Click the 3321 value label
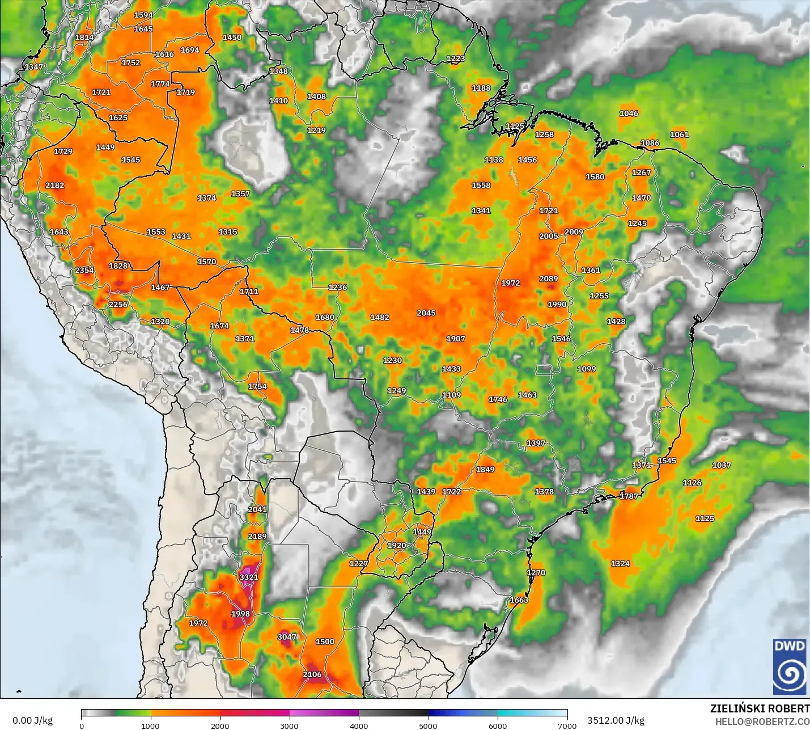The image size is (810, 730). (249, 577)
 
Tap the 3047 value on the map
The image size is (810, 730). (287, 637)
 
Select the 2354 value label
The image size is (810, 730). (84, 270)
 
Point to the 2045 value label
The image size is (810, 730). (426, 313)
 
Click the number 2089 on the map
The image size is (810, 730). (549, 279)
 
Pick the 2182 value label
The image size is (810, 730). (55, 185)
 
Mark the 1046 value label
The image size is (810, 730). (629, 113)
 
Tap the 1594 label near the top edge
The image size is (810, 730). (143, 15)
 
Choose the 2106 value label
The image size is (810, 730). (312, 674)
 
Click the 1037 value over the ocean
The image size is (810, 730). (722, 465)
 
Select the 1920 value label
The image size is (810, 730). (397, 546)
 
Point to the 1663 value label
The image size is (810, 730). (519, 600)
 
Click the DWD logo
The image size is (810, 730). (789, 666)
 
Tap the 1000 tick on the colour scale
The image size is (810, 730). (150, 725)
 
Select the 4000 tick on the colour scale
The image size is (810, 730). (359, 725)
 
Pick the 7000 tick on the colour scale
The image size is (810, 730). (567, 725)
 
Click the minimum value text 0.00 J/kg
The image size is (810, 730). (32, 720)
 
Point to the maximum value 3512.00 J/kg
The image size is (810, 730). (616, 720)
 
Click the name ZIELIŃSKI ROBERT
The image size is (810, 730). (760, 708)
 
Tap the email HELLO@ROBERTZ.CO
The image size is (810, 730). (762, 721)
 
